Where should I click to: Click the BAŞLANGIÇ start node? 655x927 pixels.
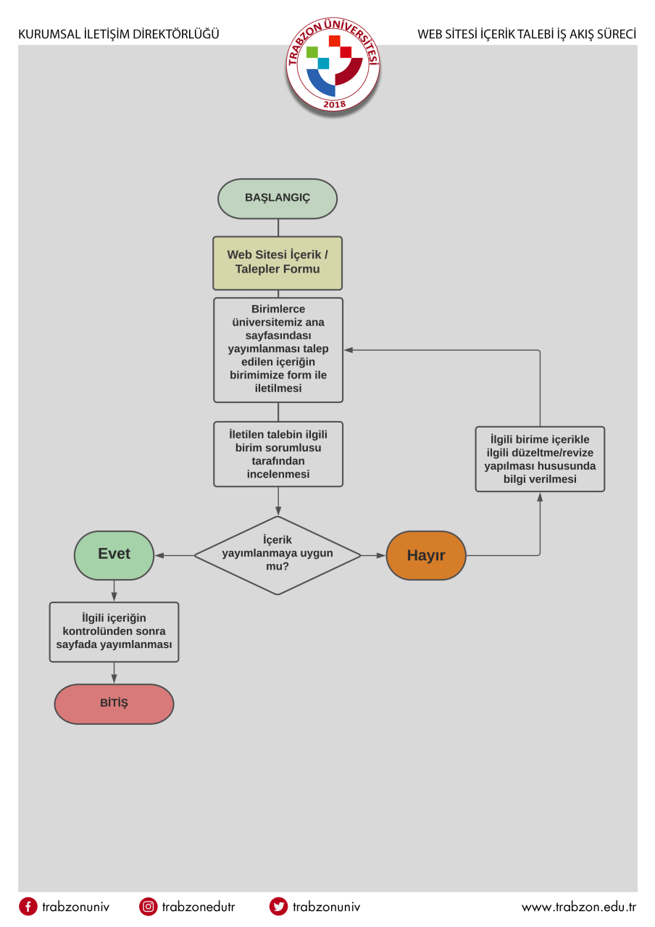click(278, 199)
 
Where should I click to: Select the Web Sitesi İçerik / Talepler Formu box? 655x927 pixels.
click(278, 263)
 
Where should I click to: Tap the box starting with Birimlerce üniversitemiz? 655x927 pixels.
click(278, 349)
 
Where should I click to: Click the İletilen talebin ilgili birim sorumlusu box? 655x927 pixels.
click(278, 454)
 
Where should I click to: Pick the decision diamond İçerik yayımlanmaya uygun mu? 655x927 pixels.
click(278, 555)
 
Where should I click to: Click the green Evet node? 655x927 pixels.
click(114, 555)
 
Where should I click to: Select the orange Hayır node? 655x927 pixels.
click(426, 555)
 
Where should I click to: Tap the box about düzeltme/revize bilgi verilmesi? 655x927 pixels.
click(540, 459)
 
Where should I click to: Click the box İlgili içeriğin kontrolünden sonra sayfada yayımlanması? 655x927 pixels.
click(114, 632)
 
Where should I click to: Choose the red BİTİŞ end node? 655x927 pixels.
click(114, 704)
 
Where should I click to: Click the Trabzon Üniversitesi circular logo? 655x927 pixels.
click(333, 65)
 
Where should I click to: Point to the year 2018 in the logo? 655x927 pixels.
click(334, 104)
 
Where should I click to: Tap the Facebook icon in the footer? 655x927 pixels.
click(28, 907)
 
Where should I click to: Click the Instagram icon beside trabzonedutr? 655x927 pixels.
click(148, 907)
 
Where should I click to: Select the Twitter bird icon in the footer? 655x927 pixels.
click(278, 907)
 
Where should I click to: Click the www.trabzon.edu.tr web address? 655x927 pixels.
click(578, 907)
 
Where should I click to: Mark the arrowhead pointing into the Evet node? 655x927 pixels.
click(159, 555)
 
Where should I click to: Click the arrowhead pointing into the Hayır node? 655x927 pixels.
click(381, 555)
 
